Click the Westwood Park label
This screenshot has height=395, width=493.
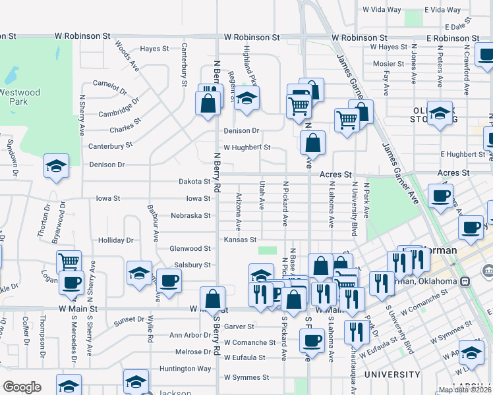pyautogui.click(x=20, y=97)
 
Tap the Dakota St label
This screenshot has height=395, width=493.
pyautogui.click(x=194, y=182)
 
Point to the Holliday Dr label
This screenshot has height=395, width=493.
pyautogui.click(x=116, y=241)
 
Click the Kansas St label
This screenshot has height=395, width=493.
pyautogui.click(x=239, y=240)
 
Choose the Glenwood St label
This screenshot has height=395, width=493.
pyautogui.click(x=190, y=249)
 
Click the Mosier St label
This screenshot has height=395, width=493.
pyautogui.click(x=388, y=64)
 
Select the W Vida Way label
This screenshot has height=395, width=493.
pyautogui.click(x=382, y=10)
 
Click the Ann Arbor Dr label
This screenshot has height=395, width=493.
pyautogui.click(x=189, y=335)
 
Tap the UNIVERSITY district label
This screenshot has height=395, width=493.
pyautogui.click(x=392, y=375)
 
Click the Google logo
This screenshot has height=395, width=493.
pyautogui.click(x=22, y=387)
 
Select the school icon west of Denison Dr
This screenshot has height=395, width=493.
pyautogui.click(x=57, y=167)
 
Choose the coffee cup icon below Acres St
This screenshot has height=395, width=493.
pyautogui.click(x=440, y=196)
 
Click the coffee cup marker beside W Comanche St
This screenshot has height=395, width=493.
pyautogui.click(x=311, y=341)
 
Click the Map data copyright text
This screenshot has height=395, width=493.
pyautogui.click(x=465, y=390)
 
